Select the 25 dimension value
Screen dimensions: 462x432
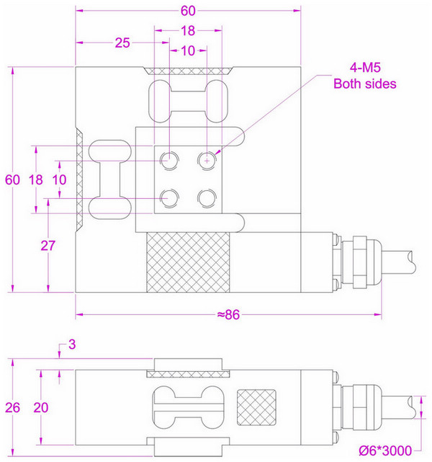(x=122, y=43)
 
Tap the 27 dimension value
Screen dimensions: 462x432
(x=48, y=245)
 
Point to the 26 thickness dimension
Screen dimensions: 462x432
(x=13, y=407)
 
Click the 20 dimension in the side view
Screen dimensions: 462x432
(x=41, y=407)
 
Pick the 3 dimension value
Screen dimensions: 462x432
(x=71, y=346)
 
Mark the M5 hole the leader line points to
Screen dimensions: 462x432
(x=207, y=161)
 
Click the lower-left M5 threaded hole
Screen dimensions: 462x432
(x=170, y=196)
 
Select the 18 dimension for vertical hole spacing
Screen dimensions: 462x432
(x=35, y=180)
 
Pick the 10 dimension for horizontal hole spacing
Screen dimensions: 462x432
(x=187, y=51)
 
